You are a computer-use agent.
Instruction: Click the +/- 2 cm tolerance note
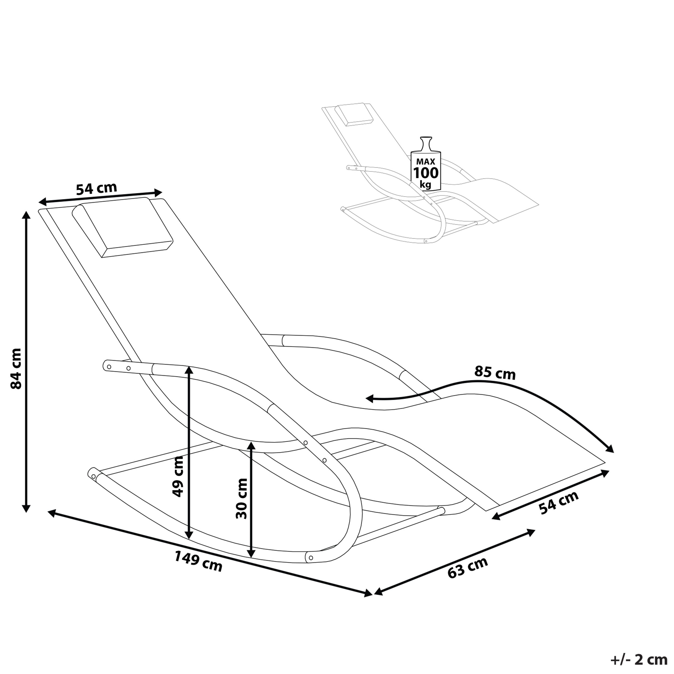click(x=641, y=660)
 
